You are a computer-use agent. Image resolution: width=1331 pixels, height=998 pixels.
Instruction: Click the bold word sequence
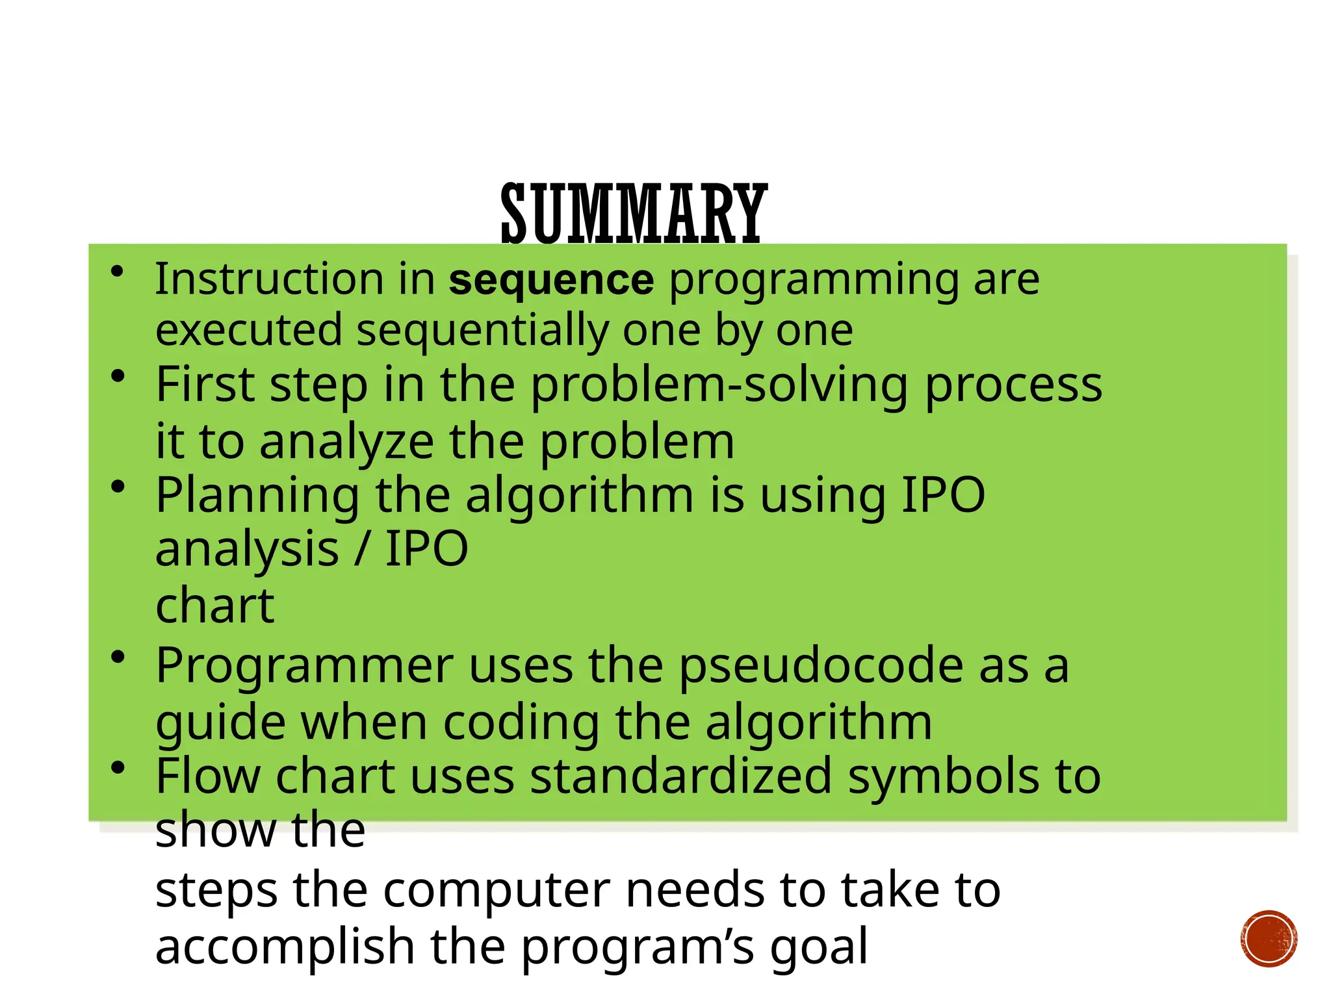point(551,280)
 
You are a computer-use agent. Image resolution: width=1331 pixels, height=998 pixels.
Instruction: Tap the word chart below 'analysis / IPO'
point(214,606)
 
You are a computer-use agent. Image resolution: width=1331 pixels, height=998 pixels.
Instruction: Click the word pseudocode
point(821,667)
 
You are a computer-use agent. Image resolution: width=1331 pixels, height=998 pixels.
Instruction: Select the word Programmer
point(304,667)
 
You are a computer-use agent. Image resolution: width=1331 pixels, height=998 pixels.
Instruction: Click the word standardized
point(680,776)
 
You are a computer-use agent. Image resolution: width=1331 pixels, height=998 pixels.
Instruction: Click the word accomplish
point(285,947)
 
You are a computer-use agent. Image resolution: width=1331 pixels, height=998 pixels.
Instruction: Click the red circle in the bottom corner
point(1268,939)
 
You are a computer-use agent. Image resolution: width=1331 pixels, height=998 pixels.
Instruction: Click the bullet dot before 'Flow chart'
point(118,768)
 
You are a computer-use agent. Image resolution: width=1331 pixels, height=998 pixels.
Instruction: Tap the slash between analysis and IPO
point(362,550)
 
